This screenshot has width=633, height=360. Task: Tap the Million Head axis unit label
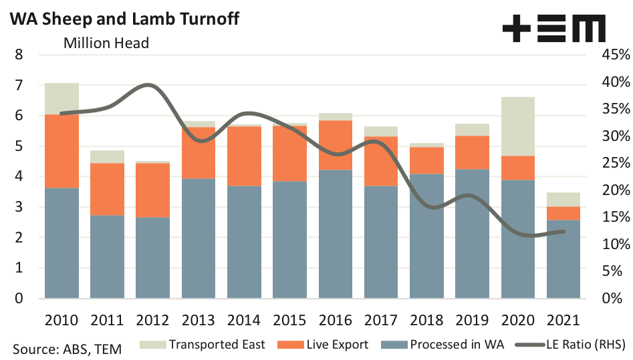tap(106, 43)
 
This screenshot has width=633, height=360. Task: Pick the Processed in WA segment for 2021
tap(563, 259)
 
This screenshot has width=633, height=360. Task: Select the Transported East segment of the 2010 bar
tap(61, 99)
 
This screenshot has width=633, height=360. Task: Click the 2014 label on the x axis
tap(244, 320)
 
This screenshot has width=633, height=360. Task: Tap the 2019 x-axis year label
tap(472, 320)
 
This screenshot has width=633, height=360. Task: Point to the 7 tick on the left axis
tap(19, 85)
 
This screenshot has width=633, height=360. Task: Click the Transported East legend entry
tap(204, 345)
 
